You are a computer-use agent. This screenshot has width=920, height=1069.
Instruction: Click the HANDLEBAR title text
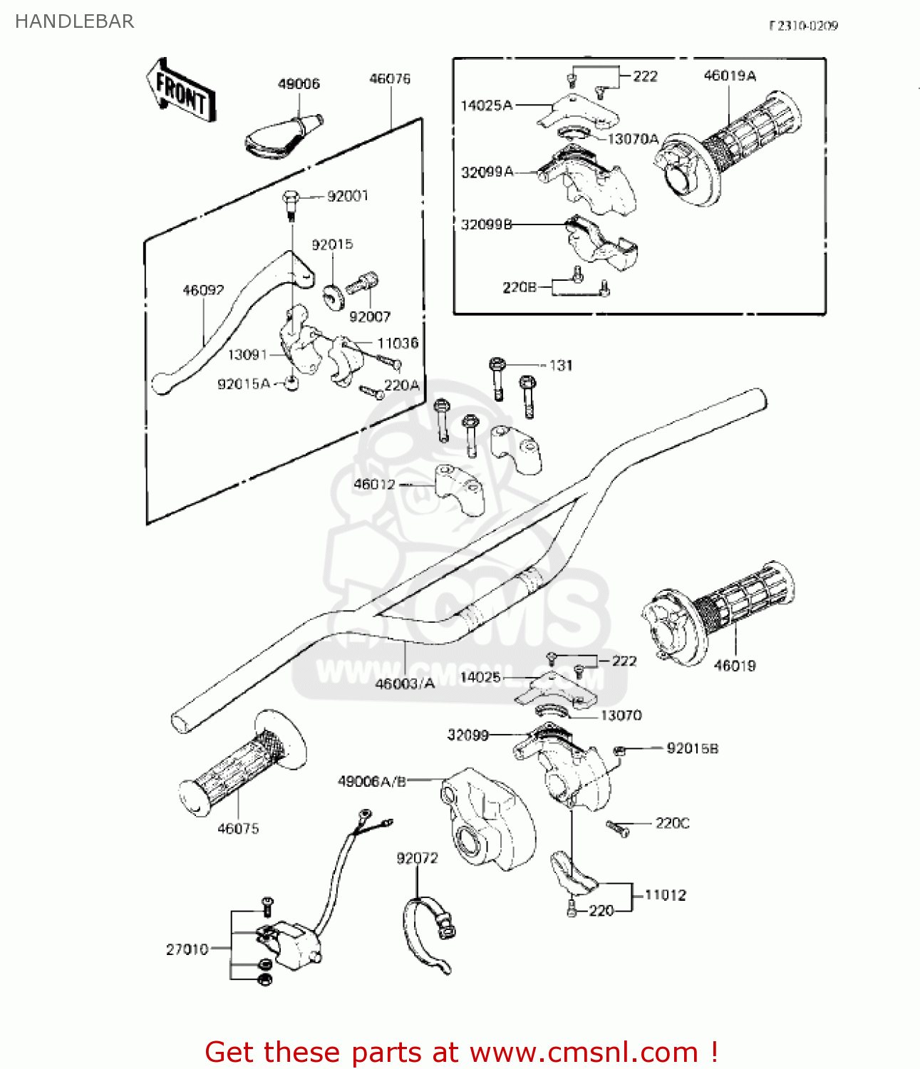tap(74, 21)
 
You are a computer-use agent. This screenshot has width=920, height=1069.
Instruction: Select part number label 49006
tap(299, 84)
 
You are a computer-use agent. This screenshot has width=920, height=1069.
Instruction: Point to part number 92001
tap(348, 196)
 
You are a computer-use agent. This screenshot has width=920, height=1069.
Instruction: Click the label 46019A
tap(730, 76)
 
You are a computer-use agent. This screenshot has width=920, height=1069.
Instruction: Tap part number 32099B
tap(487, 224)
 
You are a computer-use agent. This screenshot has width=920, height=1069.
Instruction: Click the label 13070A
tap(633, 139)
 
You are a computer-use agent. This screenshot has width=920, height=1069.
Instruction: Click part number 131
tap(561, 365)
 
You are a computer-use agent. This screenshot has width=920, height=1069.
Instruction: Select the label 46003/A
tap(405, 683)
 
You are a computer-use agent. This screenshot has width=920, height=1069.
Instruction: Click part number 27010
tap(187, 949)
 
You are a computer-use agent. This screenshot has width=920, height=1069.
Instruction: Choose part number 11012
tap(665, 895)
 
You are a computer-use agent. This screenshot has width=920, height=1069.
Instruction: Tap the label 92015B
tap(692, 748)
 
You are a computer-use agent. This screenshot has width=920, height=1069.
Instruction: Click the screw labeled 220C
tap(617, 828)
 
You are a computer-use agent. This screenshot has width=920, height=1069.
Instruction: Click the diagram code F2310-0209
tap(803, 26)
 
